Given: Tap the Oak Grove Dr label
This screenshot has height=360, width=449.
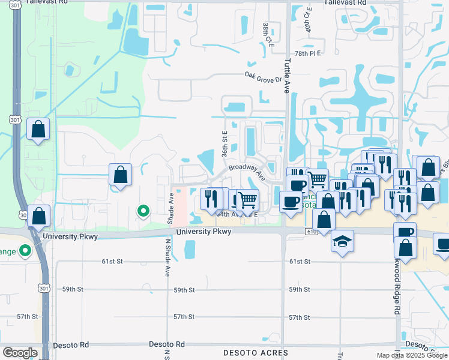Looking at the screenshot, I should [263, 77].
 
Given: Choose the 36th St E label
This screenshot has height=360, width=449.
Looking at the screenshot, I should [224, 145].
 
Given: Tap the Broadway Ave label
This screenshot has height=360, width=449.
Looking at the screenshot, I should [247, 171].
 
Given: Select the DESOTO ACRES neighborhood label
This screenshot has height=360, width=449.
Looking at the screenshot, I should [255, 353].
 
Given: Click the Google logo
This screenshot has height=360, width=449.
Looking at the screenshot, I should [20, 353].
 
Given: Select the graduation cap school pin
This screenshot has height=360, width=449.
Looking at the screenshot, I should [342, 241].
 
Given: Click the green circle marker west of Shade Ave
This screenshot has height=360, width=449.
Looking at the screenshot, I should [143, 210].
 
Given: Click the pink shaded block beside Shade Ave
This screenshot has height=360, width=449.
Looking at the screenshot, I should [179, 206].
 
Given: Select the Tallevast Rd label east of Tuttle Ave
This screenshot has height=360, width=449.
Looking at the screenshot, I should [345, 3].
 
